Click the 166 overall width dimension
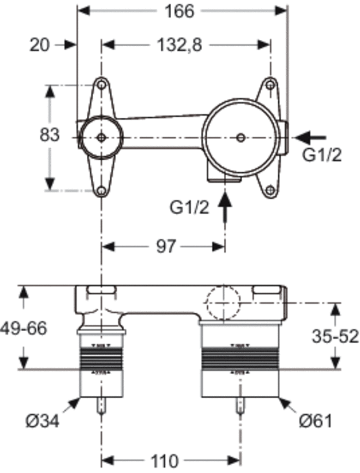coord(180,12)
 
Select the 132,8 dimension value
coord(180,45)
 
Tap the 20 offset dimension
coord(39,45)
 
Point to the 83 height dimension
coord(49,134)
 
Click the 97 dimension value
coord(166,247)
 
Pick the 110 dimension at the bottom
coord(164,461)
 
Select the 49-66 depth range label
coord(24,328)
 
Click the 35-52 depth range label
coord(335,336)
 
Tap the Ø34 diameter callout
coord(42,420)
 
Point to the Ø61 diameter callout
coord(315,420)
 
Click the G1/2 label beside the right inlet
coord(322,156)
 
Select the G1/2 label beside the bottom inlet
coord(189,207)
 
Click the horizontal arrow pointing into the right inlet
coord(311,138)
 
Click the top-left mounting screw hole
coord(101,84)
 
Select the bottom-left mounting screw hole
coord(102,191)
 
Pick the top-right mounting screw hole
coord(270,85)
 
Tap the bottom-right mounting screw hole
coord(270,189)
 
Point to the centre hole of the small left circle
coord(102,138)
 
